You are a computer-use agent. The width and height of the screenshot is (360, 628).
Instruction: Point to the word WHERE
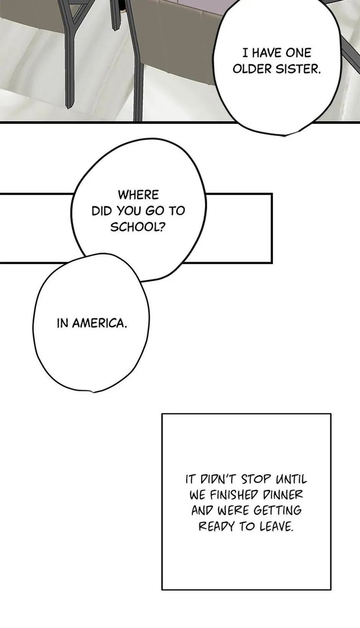[x=138, y=195]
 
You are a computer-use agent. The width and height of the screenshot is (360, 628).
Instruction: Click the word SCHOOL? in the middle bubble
[x=138, y=227]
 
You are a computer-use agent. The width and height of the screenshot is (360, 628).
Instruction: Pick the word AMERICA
[x=100, y=323]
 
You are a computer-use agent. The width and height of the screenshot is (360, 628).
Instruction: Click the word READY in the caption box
[x=216, y=527]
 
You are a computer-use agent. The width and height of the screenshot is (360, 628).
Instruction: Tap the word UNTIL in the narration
[x=291, y=479]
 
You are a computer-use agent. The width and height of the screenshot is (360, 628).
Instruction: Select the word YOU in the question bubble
[x=129, y=211]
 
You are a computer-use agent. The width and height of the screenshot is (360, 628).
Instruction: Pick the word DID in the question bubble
[x=101, y=211]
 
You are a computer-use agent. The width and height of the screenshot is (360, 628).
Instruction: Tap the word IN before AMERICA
[x=62, y=323]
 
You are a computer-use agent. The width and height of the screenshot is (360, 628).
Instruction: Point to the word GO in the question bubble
[x=154, y=211]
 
